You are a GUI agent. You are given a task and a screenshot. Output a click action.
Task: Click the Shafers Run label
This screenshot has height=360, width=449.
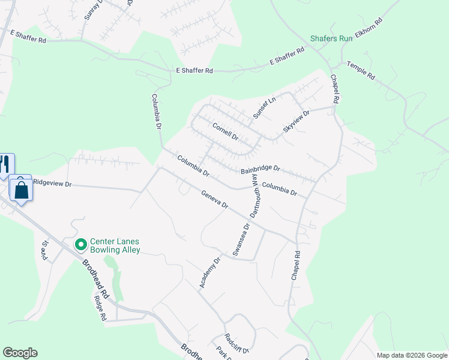pyautogui.click(x=331, y=38)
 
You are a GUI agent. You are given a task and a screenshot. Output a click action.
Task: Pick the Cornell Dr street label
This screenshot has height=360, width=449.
pyautogui.click(x=226, y=131)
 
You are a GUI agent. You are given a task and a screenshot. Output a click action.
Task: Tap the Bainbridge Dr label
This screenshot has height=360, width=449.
pyautogui.click(x=261, y=170)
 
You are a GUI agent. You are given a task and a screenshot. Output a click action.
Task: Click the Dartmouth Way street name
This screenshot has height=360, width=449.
pyautogui.click(x=255, y=201)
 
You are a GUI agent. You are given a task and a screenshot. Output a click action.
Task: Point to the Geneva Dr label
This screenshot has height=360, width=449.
pyautogui.click(x=214, y=200)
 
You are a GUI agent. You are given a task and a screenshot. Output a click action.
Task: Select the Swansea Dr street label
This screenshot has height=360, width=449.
pyautogui.click(x=240, y=240)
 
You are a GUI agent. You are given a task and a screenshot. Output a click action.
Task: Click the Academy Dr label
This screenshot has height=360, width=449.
pyautogui.click(x=211, y=272)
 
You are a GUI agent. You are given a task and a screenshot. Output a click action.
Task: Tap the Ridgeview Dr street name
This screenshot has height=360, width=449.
pyautogui.click(x=52, y=183)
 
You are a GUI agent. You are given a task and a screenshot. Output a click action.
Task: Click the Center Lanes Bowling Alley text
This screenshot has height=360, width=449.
pyautogui.click(x=115, y=245)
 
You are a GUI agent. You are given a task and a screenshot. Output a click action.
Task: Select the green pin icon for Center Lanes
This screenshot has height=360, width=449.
pyautogui.click(x=80, y=245)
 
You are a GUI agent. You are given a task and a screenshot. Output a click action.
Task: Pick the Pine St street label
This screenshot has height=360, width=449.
pyautogui.click(x=45, y=247)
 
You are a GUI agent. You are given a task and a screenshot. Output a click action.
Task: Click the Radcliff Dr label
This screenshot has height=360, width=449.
pyautogui.click(x=237, y=342)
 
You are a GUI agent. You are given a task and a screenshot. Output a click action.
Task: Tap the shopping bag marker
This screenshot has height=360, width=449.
pyautogui.click(x=22, y=190)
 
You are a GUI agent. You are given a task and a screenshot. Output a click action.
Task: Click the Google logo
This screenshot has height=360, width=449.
pyautogui.click(x=20, y=353)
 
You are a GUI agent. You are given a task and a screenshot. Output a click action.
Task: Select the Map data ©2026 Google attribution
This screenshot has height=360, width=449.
pyautogui.click(x=411, y=355)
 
